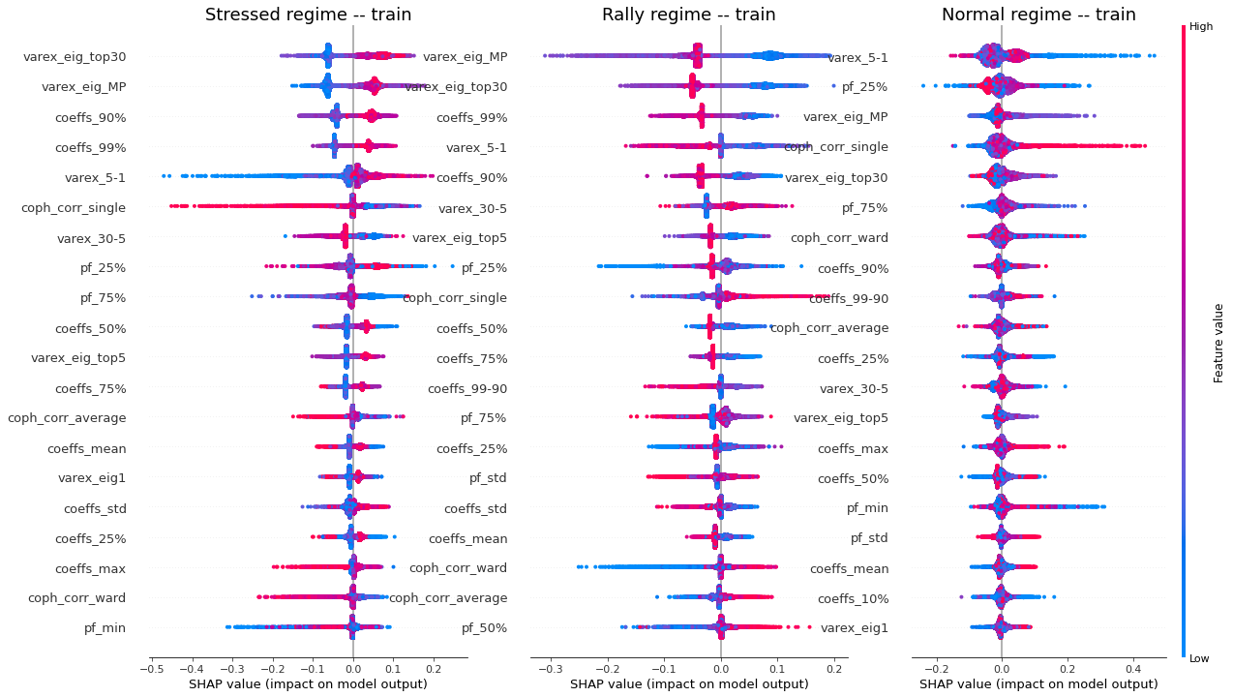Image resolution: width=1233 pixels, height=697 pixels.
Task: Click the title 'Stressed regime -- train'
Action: point(308,15)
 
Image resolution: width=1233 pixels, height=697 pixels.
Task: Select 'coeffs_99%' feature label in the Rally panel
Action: point(471,117)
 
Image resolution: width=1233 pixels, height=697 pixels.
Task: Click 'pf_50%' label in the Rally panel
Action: point(484,628)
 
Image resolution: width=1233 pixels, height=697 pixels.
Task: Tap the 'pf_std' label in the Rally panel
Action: point(487,478)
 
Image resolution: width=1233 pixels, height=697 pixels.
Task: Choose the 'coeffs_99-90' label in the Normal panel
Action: point(853,298)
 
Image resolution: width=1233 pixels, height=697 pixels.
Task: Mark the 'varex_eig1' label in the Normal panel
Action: point(855,628)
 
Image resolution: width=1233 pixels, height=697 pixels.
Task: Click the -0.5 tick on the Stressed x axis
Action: point(151,668)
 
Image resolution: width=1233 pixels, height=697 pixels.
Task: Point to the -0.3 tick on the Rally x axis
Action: point(550,668)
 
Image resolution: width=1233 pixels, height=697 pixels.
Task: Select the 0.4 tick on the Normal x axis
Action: point(1135,668)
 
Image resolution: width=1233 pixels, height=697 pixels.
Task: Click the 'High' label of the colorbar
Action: point(1201,27)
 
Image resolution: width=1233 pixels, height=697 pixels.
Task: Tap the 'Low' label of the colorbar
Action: point(1200,658)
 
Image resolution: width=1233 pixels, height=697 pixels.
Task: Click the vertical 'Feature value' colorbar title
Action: point(1218,343)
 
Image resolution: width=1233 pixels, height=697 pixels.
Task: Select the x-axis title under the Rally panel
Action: point(689,684)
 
